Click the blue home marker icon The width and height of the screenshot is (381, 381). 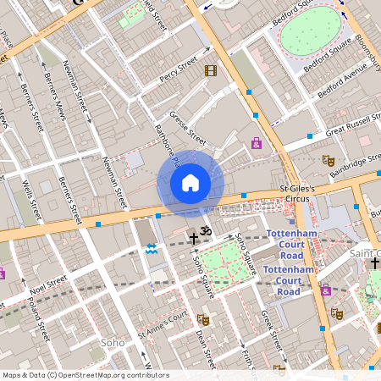click(190, 182)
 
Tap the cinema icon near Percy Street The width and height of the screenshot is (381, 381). click(211, 70)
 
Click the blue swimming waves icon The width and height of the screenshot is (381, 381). click(152, 248)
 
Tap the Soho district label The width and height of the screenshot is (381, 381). click(113, 343)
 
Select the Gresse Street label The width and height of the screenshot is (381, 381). click(187, 126)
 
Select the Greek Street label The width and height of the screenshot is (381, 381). click(271, 330)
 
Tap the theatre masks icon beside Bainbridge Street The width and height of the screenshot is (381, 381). click(329, 160)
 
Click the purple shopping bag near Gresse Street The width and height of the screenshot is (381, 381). click(257, 143)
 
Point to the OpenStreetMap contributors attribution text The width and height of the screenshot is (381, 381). click(86, 374)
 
